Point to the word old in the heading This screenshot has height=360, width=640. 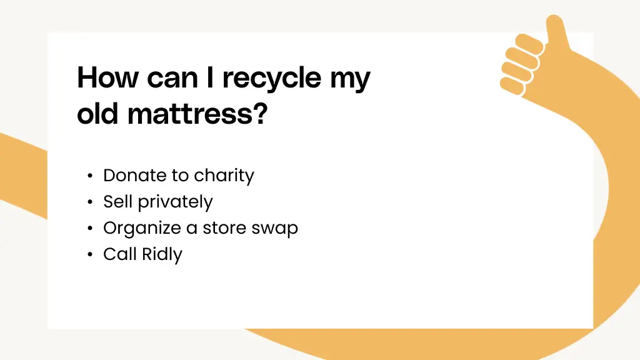[x=98, y=115]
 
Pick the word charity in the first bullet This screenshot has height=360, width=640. [x=224, y=176]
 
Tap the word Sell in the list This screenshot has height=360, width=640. [x=118, y=202]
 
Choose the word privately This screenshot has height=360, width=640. [x=175, y=202]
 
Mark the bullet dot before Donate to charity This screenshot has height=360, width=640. [x=91, y=176]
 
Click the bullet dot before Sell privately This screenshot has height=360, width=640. [x=91, y=202]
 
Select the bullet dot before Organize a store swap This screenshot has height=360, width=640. [x=91, y=229]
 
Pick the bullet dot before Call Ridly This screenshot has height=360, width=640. [x=91, y=255]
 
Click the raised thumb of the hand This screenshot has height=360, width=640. [x=556, y=31]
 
